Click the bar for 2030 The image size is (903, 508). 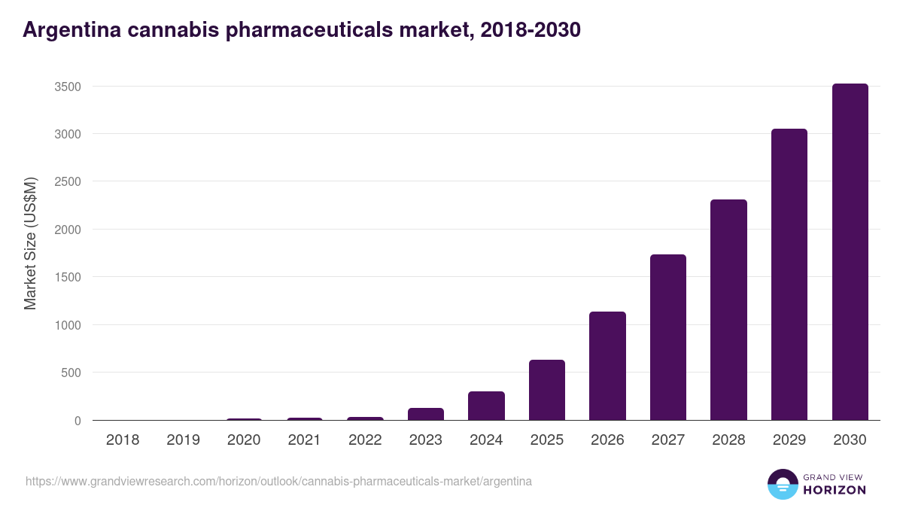point(850,252)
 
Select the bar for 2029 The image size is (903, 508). point(789,275)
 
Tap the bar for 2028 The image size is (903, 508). point(728,310)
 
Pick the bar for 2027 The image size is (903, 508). point(668,337)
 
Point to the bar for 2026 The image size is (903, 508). point(607,366)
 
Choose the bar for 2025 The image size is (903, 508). point(547,390)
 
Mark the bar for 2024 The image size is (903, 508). point(486,406)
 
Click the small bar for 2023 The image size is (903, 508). point(426,414)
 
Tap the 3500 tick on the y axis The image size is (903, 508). point(67,87)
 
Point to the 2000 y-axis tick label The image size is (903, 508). point(67,230)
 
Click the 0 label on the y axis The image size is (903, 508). point(77,421)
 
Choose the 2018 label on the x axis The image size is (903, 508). point(123,440)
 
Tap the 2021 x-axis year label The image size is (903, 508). point(305,440)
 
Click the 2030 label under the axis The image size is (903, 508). point(850,440)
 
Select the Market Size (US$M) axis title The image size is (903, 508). point(30,243)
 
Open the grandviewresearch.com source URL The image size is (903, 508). point(278,481)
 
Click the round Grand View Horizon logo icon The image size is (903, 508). point(782,484)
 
